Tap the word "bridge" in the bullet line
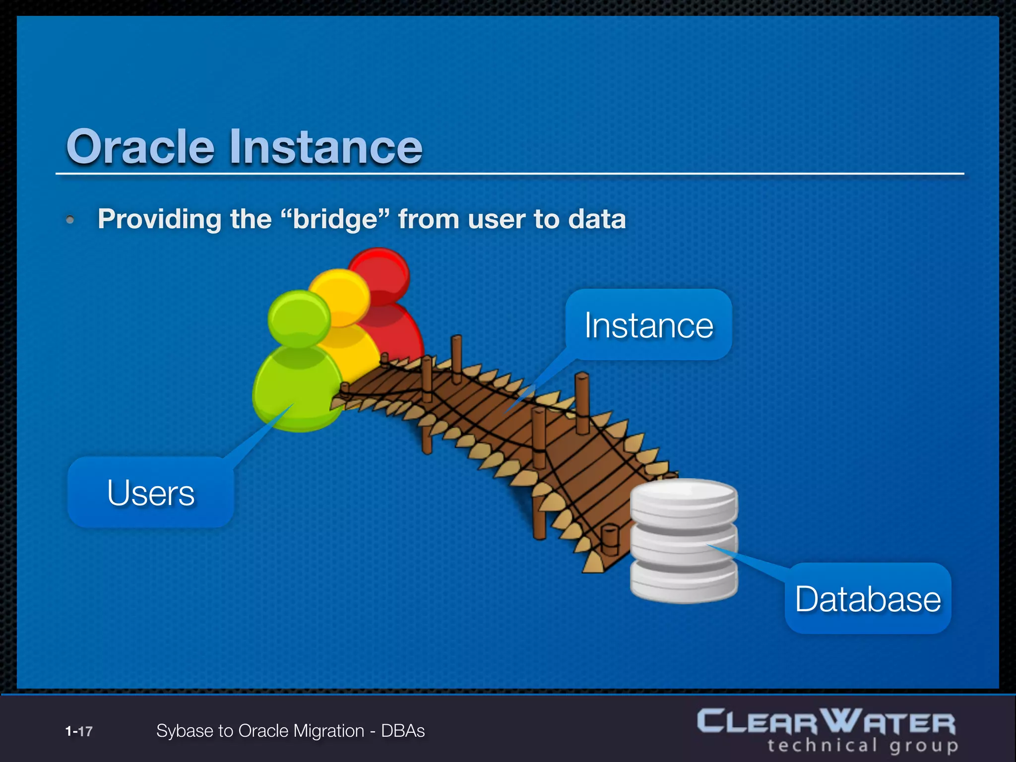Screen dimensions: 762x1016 tap(335, 219)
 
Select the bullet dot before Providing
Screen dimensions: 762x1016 tap(70, 219)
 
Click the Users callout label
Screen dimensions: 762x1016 tap(151, 493)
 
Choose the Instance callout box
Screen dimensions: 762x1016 tap(648, 325)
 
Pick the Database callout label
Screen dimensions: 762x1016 tap(868, 599)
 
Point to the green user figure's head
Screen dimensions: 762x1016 tap(299, 318)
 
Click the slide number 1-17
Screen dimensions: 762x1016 tap(79, 731)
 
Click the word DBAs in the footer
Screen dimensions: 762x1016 tap(403, 731)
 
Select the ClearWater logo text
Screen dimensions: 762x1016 tap(825, 722)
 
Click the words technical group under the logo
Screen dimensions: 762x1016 tap(862, 746)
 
